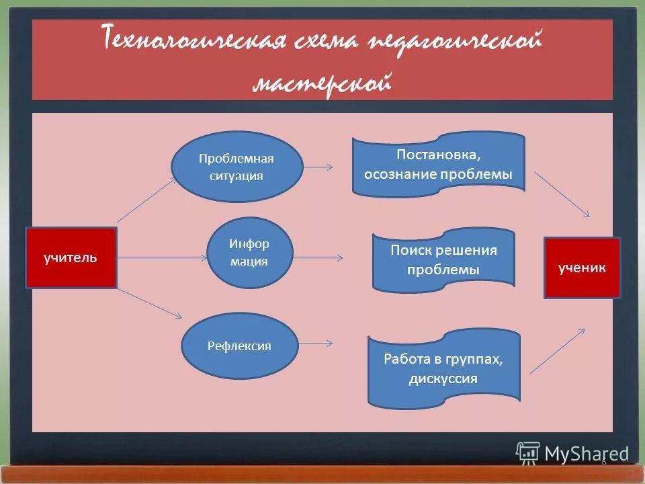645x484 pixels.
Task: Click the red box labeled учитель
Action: point(71,258)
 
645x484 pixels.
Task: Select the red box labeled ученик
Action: point(582,268)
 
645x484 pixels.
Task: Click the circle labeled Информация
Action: point(249,253)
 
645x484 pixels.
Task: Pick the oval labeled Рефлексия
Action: point(239,346)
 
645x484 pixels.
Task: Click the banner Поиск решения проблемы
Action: point(443,260)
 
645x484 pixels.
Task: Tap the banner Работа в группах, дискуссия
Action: point(443,368)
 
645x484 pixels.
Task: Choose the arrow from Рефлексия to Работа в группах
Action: point(315,344)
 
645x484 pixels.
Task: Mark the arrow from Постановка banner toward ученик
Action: point(562,194)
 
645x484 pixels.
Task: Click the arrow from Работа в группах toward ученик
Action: point(558,350)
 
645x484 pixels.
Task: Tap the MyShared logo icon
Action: point(527,452)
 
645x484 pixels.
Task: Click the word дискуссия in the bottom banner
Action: point(443,378)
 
